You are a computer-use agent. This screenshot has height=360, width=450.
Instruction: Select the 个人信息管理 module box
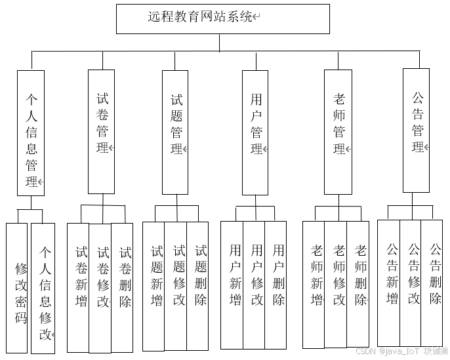[x=31, y=132]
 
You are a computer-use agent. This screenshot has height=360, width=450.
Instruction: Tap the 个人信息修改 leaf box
[x=43, y=289]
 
